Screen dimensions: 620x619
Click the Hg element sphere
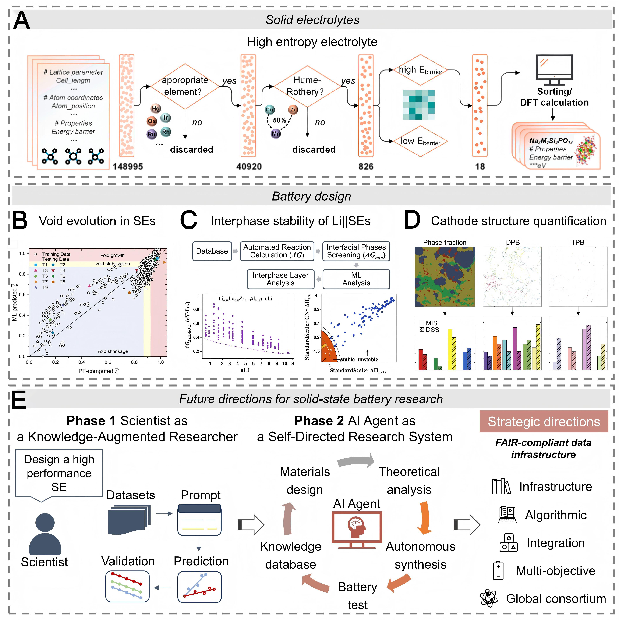click(156, 108)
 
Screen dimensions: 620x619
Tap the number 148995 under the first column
click(128, 166)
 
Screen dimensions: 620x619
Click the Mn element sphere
click(276, 133)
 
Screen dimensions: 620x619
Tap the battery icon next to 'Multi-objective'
click(498, 570)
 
